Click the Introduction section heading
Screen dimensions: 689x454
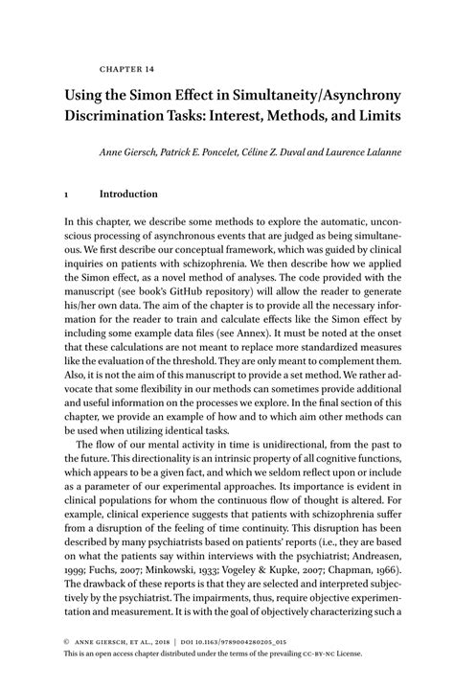tap(128, 193)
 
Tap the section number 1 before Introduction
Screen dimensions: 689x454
tap(65, 193)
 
